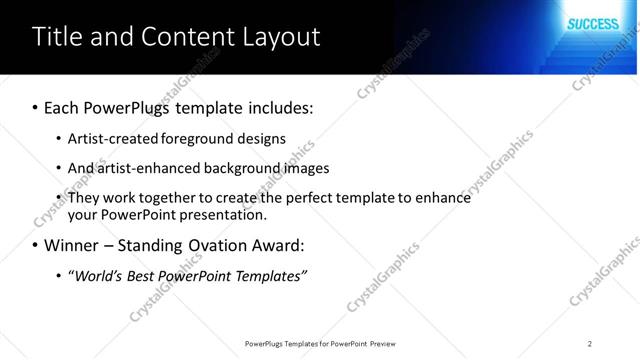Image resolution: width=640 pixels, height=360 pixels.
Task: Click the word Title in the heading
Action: pos(56,38)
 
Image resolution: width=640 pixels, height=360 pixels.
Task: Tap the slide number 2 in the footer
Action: pos(590,343)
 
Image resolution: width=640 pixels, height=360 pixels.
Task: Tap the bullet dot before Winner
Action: pos(35,245)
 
